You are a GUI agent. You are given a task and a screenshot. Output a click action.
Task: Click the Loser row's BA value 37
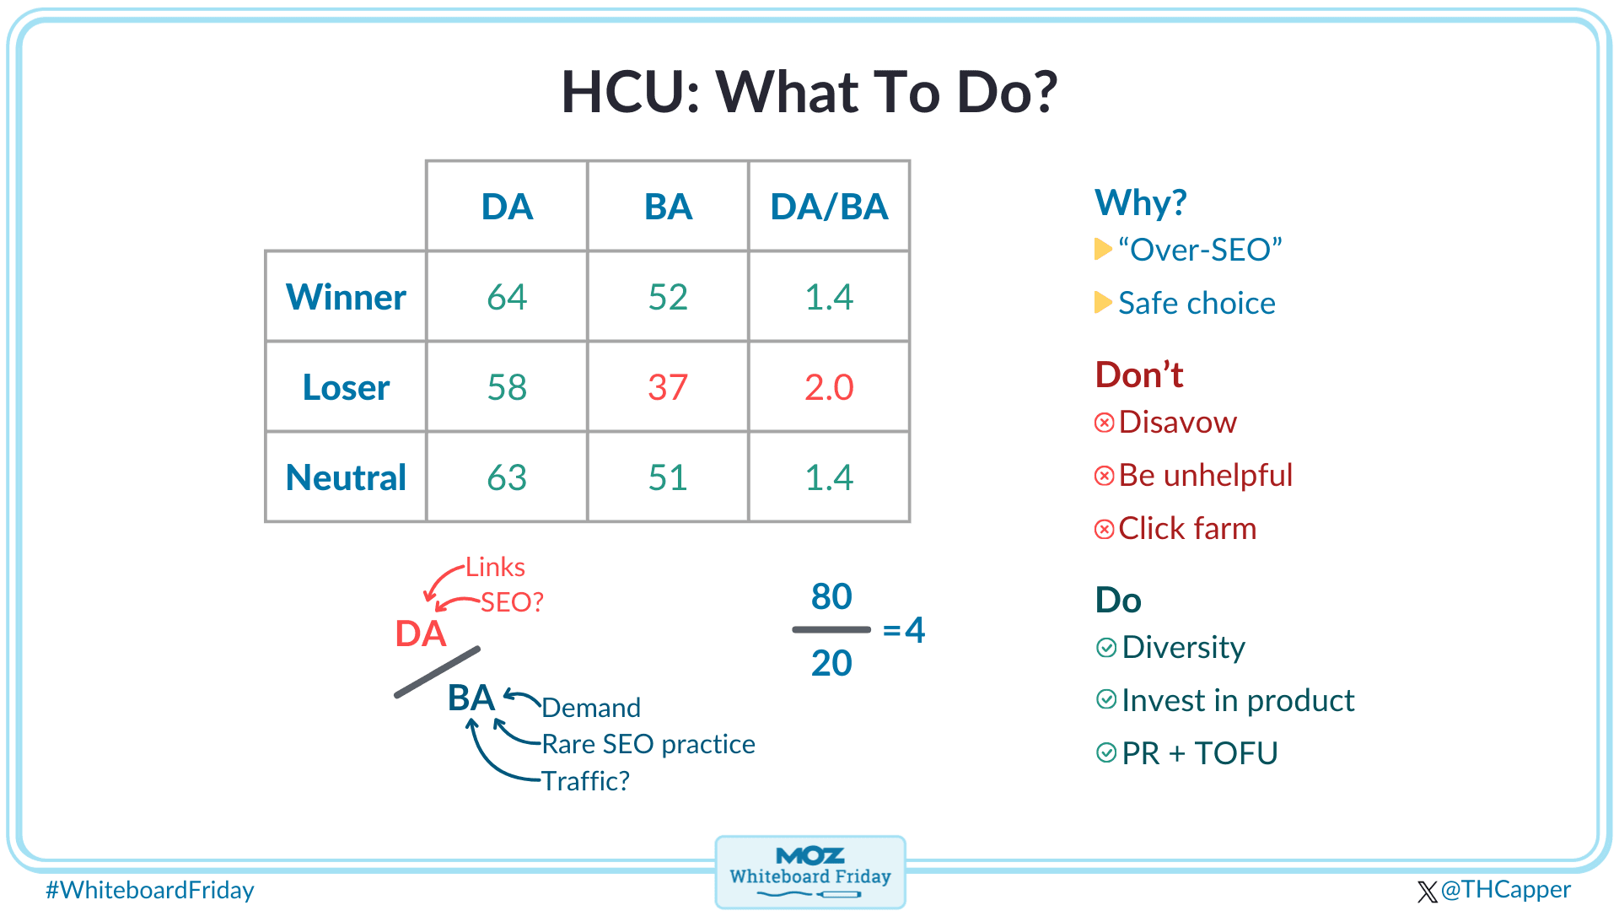click(668, 387)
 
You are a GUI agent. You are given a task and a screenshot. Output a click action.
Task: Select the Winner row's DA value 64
click(507, 297)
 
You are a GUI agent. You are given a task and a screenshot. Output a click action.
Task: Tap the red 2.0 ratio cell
click(829, 387)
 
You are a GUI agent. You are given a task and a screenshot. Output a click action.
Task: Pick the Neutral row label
click(346, 477)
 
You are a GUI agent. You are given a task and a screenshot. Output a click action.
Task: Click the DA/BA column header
click(829, 207)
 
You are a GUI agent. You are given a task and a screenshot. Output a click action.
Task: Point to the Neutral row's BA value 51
click(668, 477)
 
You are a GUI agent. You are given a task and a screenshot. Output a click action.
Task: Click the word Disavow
click(1178, 422)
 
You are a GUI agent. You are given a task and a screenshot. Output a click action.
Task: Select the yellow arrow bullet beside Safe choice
click(1103, 302)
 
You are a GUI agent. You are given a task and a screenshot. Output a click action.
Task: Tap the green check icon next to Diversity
click(1106, 647)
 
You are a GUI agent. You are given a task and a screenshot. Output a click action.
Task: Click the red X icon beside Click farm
click(1104, 529)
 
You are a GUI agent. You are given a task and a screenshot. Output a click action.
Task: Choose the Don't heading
click(1139, 375)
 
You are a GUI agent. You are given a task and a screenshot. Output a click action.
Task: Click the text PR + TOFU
click(1200, 753)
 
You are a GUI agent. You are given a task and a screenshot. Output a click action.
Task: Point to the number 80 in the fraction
click(831, 596)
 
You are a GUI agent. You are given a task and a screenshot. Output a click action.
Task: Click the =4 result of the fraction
click(903, 630)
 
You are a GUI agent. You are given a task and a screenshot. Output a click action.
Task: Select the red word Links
click(495, 567)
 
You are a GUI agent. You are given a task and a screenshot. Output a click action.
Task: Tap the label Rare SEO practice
click(648, 744)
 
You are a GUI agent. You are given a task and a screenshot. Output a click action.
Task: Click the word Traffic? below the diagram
click(585, 781)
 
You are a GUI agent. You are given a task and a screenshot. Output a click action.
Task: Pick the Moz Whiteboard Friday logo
click(810, 872)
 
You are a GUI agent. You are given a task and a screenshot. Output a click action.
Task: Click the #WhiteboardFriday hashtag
click(150, 890)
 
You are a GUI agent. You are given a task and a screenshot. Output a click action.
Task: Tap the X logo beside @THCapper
click(1428, 892)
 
